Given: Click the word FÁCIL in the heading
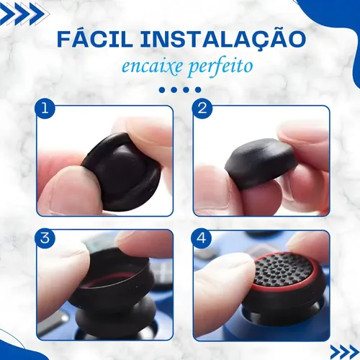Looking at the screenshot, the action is [94, 38].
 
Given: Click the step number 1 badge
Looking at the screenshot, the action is [45, 109].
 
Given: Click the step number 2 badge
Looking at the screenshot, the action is [202, 109].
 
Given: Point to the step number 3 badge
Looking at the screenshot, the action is [45, 238].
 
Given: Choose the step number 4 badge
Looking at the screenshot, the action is [201, 238].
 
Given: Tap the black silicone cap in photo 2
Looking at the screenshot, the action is [259, 163].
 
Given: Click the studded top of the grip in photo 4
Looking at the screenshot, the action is [283, 269].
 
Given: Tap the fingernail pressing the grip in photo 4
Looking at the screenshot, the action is [228, 261].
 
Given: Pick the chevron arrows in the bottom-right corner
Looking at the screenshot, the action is [345, 352].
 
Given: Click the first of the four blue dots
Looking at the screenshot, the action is [162, 90].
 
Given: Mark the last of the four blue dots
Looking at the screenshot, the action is [198, 90].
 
